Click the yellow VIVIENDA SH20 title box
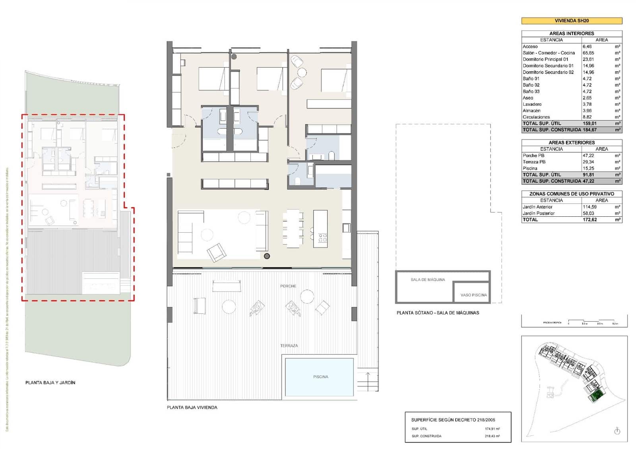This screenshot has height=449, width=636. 571,21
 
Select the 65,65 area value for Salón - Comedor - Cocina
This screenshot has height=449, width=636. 588,53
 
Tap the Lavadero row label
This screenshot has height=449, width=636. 532,104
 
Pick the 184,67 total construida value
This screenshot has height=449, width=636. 589,130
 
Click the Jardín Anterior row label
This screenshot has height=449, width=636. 537,207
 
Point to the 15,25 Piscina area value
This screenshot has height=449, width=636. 588,168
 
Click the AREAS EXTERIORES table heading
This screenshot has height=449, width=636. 571,142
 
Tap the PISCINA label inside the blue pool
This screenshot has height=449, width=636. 320,377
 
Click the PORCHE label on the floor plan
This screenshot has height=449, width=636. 288,286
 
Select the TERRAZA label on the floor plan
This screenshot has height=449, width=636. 289,346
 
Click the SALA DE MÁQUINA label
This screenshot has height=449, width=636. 428,280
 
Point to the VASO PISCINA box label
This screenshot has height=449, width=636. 473,295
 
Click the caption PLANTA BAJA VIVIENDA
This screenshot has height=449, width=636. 192,407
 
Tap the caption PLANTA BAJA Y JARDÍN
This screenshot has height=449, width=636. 50,383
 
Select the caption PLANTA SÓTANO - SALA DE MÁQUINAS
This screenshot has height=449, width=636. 438,313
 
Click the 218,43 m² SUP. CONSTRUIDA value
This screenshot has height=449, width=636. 492,436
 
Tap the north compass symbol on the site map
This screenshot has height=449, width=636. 617,431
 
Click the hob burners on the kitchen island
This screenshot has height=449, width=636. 322,238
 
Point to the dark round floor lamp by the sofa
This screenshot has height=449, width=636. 267,256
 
